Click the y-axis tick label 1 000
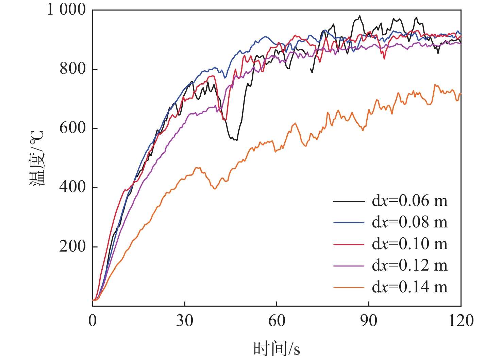pos(66,10)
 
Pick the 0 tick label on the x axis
pos(93,321)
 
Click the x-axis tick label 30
pos(185,321)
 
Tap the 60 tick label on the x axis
pos(277,321)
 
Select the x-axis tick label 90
pos(369,321)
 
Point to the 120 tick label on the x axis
pos(461,321)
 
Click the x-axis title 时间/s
pos(277,349)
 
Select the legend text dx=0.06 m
pos(409,201)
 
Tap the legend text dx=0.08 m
pos(409,222)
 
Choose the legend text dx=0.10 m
pos(409,244)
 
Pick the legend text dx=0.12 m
pos(409,265)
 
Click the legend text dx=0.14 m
pos(409,287)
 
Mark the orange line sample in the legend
pos(349,288)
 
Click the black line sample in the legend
pos(349,202)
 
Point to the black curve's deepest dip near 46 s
pos(235,140)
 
